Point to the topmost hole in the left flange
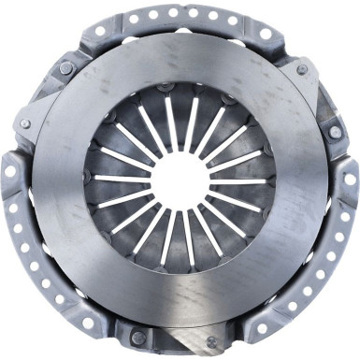click(x=10, y=172)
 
